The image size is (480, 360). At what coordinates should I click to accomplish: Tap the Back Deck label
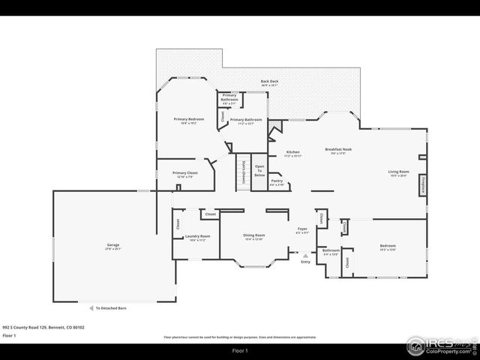pos(269,82)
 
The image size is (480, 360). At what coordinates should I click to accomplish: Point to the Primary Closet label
pos(184,173)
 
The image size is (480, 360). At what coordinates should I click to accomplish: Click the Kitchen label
pos(292,154)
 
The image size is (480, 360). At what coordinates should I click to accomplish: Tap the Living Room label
pos(398,173)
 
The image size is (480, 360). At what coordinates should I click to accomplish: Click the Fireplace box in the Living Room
pos(423,185)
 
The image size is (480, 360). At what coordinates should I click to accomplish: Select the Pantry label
pos(277,181)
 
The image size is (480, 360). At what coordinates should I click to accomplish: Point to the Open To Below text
pos(259,170)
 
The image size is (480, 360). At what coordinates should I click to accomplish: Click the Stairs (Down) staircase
pos(243,172)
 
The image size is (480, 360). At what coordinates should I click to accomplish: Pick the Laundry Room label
pos(197,238)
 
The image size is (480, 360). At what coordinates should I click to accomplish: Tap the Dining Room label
pos(253,237)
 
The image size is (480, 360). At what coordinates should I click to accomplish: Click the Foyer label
pos(302,230)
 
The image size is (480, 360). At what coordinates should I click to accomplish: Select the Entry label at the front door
pos(305,262)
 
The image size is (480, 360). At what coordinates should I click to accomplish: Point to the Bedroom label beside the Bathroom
pos(387,247)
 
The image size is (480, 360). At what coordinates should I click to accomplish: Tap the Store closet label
pos(343,225)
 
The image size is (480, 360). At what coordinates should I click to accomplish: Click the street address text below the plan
pos(43,327)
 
